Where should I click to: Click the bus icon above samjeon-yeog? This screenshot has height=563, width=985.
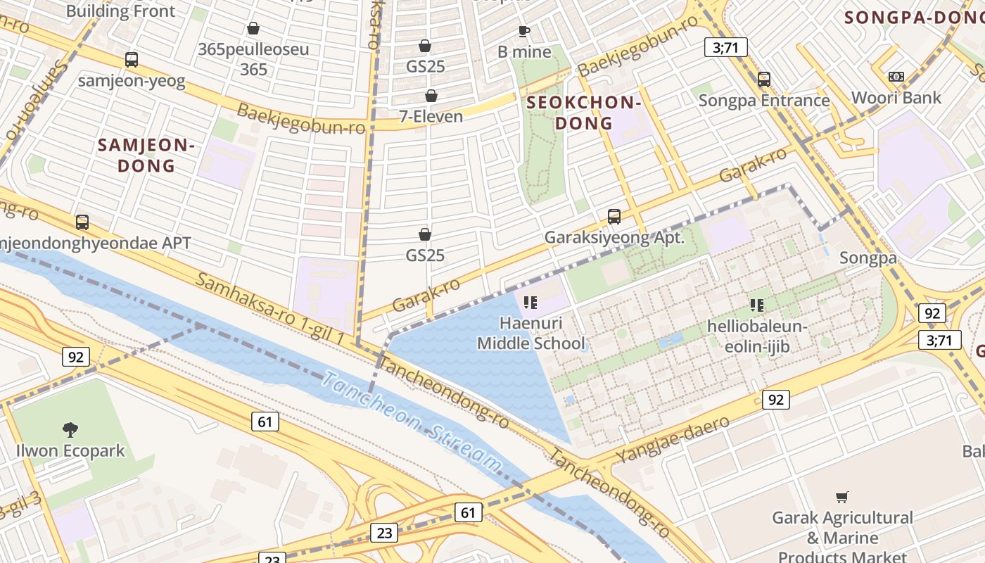(132, 60)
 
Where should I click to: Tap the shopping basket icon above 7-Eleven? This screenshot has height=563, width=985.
(431, 96)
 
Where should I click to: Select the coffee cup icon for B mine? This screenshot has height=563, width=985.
(524, 31)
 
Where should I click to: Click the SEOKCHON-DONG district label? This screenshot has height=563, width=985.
(583, 113)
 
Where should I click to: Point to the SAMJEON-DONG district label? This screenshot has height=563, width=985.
(146, 156)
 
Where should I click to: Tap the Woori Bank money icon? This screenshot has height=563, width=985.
(896, 76)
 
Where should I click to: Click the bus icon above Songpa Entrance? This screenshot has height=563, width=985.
(764, 80)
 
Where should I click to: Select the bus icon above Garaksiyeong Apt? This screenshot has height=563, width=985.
(614, 217)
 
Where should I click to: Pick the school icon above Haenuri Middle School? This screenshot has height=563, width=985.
(530, 303)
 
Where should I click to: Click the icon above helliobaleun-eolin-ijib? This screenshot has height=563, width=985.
(757, 305)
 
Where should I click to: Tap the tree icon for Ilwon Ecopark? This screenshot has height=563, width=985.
(70, 429)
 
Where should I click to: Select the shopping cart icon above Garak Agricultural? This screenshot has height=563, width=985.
(842, 497)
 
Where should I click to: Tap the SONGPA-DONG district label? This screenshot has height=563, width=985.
(913, 17)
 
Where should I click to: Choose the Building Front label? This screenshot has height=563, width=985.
(120, 11)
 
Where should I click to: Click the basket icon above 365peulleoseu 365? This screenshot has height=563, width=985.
(253, 28)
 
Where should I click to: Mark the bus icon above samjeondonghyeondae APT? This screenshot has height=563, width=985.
(82, 222)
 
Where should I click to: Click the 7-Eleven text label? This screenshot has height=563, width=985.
(431, 116)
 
